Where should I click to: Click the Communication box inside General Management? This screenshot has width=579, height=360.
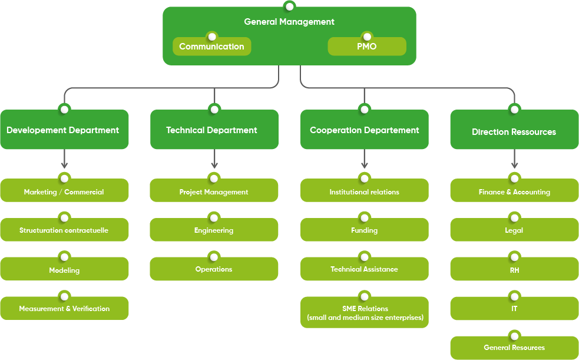[x=211, y=47]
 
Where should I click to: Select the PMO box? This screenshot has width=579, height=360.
[x=366, y=47]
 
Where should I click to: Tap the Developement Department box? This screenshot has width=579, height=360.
[x=64, y=130]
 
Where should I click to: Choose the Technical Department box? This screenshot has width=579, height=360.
[x=214, y=130]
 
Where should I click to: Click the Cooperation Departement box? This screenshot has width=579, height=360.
[x=364, y=130]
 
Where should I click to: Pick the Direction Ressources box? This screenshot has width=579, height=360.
[x=514, y=131]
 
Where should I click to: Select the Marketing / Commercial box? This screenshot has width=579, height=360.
[x=64, y=191]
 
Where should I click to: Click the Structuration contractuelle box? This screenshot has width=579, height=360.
[x=64, y=230]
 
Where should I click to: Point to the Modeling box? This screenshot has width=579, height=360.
[x=64, y=270]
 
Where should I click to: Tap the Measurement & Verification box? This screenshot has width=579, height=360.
[x=64, y=308]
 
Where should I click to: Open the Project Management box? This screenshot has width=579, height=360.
[x=214, y=191]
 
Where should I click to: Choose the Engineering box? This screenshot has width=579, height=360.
[x=214, y=230]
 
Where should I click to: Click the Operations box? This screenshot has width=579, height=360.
[x=214, y=269]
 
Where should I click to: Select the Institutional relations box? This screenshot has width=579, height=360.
[x=364, y=191]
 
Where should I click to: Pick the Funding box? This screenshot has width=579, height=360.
[x=364, y=230]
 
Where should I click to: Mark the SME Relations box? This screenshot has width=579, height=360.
[x=364, y=313]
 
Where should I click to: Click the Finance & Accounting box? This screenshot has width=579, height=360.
[x=514, y=191]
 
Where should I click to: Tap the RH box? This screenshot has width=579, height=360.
[x=514, y=270]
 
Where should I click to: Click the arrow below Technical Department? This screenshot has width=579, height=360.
[x=214, y=160]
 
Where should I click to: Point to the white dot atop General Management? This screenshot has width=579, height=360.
[x=289, y=6]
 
